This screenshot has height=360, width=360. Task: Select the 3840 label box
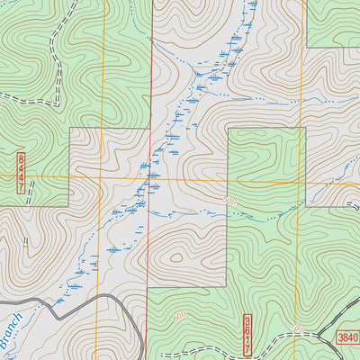click(x=347, y=337)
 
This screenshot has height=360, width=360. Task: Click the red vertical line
click(x=149, y=90)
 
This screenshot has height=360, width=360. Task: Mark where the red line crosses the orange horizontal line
click(x=148, y=179)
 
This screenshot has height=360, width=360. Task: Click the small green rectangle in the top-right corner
click(x=333, y=22)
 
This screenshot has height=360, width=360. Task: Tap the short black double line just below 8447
click(x=31, y=192)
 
